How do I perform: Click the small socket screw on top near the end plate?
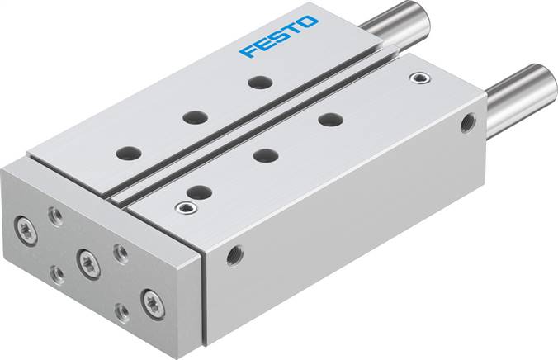[181, 207]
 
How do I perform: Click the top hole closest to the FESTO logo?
[261, 83]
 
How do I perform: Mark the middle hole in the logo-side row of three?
[195, 117]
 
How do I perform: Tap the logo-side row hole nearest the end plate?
[129, 153]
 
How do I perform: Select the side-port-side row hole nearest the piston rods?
[330, 118]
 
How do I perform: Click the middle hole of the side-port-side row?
[264, 154]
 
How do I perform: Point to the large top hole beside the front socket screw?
[199, 192]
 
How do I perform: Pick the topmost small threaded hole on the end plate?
[55, 216]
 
